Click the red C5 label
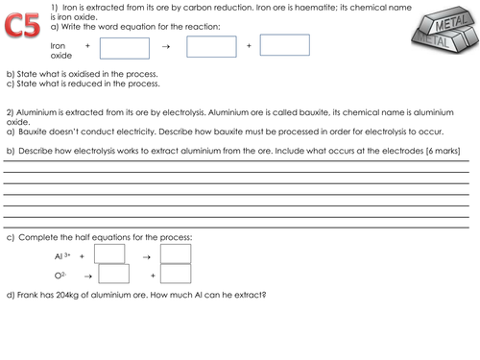point(22,25)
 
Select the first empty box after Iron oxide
point(125,47)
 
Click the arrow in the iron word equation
point(165,46)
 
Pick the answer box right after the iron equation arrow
point(211,46)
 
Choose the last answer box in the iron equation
point(285,45)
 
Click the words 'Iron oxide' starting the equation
point(60,50)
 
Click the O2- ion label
point(62,276)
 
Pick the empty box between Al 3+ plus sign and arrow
point(110,254)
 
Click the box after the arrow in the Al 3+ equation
point(176,254)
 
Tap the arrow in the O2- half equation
point(89,276)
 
